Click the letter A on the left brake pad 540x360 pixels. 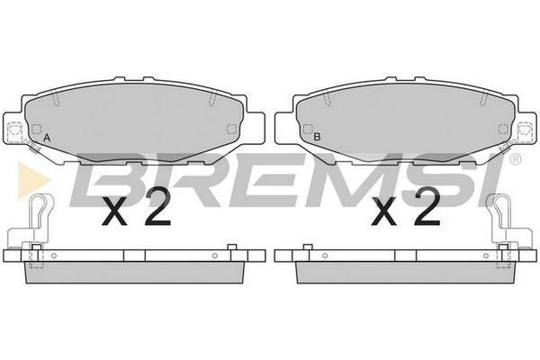click(x=47, y=138)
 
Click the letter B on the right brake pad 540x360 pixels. click(x=317, y=137)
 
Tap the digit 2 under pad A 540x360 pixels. click(x=157, y=207)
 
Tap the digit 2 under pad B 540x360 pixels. click(x=427, y=207)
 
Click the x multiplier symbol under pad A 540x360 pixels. click(x=114, y=212)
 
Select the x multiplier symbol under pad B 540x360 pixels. click(x=384, y=212)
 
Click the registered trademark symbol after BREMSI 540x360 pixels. click(x=516, y=159)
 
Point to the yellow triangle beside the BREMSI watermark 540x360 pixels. click(x=32, y=180)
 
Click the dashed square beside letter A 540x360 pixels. click(x=36, y=130)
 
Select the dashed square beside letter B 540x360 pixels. click(x=307, y=130)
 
